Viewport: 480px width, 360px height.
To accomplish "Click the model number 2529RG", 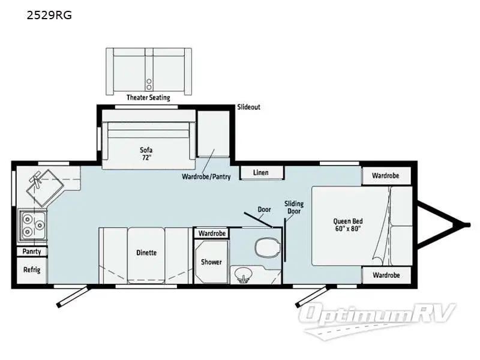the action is [x=49, y=15].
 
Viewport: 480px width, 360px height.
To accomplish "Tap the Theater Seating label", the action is [x=148, y=98].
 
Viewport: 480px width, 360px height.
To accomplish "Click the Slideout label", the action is [x=248, y=107].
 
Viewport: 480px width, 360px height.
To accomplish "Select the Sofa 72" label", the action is [x=146, y=154].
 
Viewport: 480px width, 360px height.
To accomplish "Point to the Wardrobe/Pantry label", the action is [x=206, y=176].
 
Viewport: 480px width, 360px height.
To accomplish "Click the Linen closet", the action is [x=261, y=173].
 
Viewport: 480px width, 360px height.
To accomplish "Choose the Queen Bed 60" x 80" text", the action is [x=348, y=224].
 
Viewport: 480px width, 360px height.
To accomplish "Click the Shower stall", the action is [x=211, y=262].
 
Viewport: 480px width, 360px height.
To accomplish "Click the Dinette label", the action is [x=146, y=253].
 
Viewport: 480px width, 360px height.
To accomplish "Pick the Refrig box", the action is [x=32, y=270].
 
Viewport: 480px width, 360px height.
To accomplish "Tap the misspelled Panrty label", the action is [x=32, y=251].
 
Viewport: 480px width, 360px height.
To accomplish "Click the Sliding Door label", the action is [x=294, y=207].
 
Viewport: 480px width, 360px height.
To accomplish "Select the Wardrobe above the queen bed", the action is [x=386, y=176].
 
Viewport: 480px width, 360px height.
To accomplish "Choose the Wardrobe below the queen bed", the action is [x=386, y=275].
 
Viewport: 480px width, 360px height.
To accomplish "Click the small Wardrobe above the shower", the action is [x=212, y=233].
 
